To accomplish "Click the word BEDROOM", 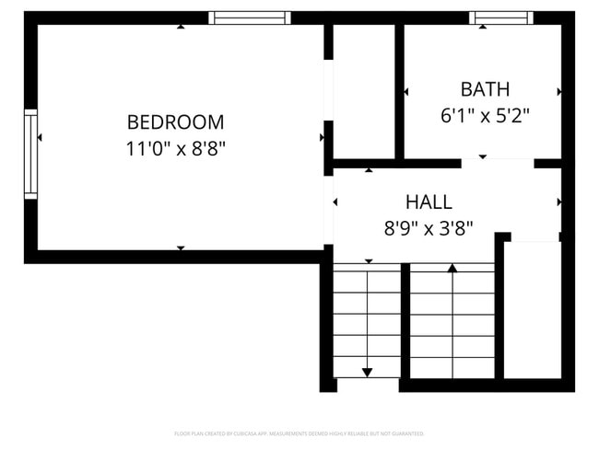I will coord(175,121).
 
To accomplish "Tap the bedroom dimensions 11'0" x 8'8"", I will coord(175,147).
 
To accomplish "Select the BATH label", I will coord(485,89).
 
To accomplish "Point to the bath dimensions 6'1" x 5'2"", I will coord(485,116).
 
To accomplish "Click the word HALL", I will coord(429,201).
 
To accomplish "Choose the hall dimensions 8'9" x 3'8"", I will coord(429,228).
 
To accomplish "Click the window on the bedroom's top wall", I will coord(249,17).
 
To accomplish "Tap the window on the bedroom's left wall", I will coord(30,154).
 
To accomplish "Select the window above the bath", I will coord(500,17).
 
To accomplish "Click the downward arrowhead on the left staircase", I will coord(367,372).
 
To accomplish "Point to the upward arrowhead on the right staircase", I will coord(452,268).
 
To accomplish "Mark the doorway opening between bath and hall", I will coord(498,164).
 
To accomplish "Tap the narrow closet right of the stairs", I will coord(533,308).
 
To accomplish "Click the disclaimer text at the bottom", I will coord(299,432).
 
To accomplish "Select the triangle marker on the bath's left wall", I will coord(406,91).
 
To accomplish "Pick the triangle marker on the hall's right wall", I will coord(558,201).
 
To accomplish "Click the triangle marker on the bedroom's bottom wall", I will coord(181,248).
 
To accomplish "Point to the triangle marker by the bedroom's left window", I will coord(39,137).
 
